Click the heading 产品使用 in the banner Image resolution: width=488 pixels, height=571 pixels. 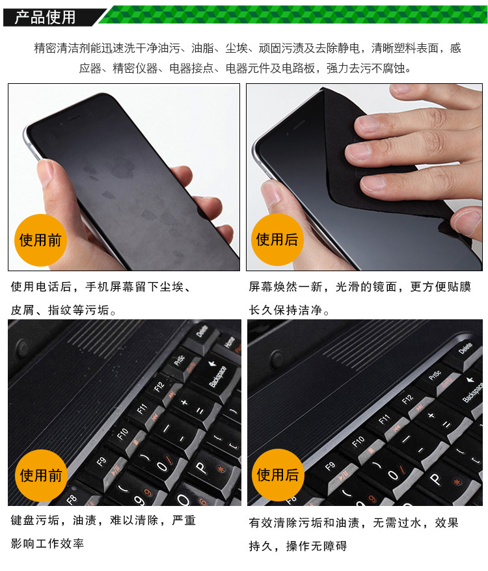[45, 17]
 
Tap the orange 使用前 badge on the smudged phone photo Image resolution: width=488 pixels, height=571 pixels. [40, 241]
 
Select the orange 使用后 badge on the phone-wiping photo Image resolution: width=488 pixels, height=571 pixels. [277, 239]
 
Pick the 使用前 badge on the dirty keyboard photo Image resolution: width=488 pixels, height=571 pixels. [41, 475]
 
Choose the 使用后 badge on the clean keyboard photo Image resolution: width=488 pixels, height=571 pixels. [278, 475]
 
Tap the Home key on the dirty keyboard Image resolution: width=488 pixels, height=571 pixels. [228, 343]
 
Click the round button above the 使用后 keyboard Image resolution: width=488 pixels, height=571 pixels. [278, 358]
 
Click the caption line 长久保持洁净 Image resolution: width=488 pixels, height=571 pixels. [289, 310]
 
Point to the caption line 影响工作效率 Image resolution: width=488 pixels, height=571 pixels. [47, 544]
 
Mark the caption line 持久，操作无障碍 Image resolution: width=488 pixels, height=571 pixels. [298, 546]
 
